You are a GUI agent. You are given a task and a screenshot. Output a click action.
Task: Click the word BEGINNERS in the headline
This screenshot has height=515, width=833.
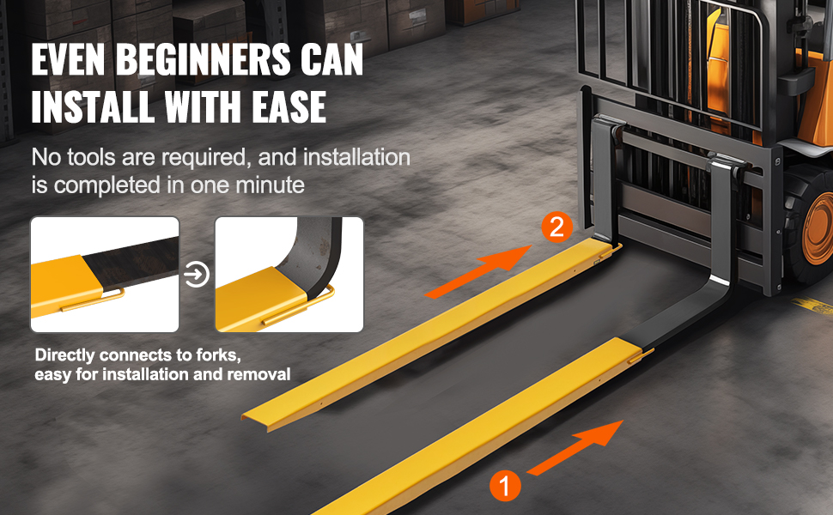click(203, 59)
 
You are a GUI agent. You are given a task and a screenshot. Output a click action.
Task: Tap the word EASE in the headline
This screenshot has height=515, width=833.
click(289, 106)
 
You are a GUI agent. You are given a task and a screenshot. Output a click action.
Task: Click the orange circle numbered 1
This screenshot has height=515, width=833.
click(505, 485)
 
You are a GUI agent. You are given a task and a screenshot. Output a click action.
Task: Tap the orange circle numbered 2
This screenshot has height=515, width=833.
click(556, 227)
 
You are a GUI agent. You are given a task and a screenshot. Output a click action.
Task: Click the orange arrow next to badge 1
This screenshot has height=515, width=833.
click(575, 447)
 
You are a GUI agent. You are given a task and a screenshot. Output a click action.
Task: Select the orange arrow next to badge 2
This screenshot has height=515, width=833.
click(478, 272)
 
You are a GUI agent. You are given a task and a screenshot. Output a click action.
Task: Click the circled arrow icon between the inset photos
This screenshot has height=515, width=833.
click(197, 275)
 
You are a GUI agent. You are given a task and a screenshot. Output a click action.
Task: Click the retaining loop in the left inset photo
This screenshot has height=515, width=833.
click(94, 300)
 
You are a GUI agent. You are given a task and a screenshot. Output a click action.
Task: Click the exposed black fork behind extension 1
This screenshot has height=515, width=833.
click(685, 313)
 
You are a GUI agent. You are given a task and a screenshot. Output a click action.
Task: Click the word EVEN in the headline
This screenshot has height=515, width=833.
click(68, 59)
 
